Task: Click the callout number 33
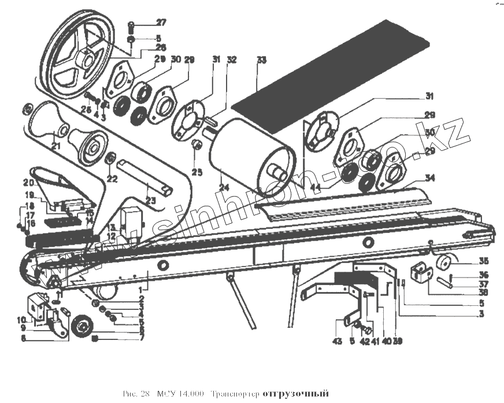(262, 60)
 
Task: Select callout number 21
(55, 146)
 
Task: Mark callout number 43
(338, 341)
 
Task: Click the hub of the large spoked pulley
(86, 57)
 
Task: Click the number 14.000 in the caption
(191, 394)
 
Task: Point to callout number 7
(140, 338)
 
